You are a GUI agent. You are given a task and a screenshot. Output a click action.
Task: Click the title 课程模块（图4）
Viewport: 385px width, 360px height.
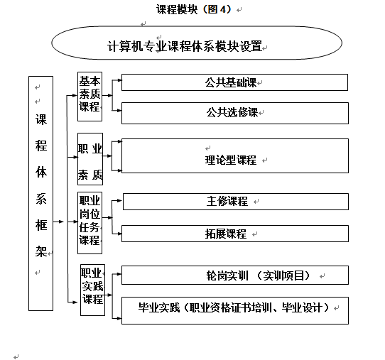coord(194,9)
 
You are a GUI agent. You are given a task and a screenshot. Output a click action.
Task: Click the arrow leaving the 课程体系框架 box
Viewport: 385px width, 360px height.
coord(58,222)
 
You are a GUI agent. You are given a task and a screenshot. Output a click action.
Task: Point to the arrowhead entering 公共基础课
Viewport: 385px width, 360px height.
coord(119,80)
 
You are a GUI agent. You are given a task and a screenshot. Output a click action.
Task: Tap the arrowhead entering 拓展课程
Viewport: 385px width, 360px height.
coord(119,234)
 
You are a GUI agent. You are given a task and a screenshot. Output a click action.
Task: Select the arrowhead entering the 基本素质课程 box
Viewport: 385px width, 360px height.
coord(75,95)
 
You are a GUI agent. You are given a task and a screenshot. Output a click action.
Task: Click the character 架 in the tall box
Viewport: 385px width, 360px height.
coord(40,251)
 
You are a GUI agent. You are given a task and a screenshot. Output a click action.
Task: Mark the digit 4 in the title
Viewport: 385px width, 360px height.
coord(222,9)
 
